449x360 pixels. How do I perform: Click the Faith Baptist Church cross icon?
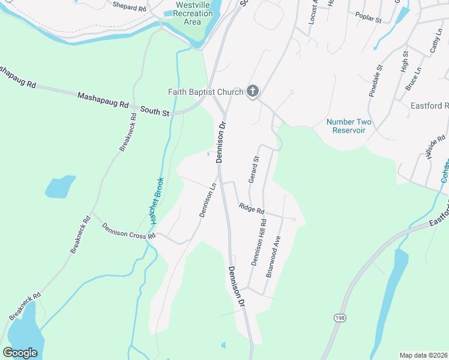click(x=253, y=91)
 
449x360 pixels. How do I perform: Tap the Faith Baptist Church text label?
click(x=205, y=92)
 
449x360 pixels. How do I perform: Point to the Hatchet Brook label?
click(x=157, y=202)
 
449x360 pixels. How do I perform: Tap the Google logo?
click(x=20, y=352)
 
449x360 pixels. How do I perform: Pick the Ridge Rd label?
click(x=252, y=208)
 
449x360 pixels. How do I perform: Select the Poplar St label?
click(x=369, y=17)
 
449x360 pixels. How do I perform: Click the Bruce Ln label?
click(x=412, y=79)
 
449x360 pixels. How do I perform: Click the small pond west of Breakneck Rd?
click(x=60, y=187)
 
